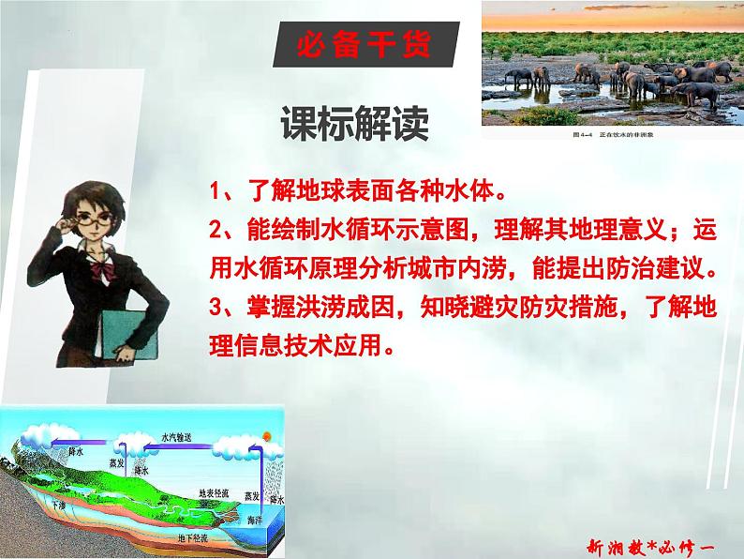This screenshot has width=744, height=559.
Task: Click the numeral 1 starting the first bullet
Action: tap(215, 194)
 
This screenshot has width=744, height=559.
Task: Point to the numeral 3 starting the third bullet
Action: tap(215, 306)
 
